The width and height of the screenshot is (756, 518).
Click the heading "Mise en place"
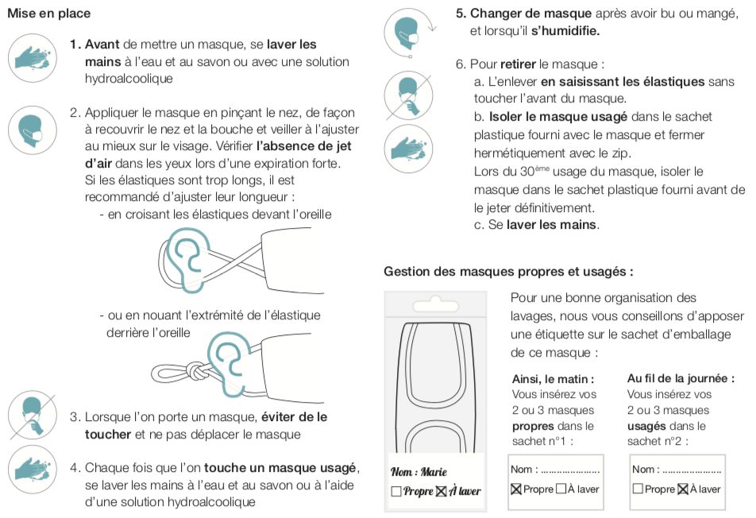tap(48, 14)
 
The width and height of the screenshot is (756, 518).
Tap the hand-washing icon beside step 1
tap(32, 59)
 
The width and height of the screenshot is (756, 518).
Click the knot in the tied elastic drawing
tap(195, 370)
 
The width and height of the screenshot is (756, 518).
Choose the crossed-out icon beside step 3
tap(32, 416)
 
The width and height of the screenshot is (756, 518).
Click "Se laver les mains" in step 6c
tap(543, 225)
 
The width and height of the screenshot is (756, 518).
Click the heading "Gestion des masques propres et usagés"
tap(508, 272)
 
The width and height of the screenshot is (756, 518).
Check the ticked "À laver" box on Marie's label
tap(442, 491)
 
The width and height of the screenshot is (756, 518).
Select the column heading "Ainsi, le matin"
tap(553, 379)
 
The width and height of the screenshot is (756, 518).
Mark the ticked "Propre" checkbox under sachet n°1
tap(516, 489)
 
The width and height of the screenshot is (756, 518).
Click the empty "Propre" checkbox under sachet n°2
tap(638, 489)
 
